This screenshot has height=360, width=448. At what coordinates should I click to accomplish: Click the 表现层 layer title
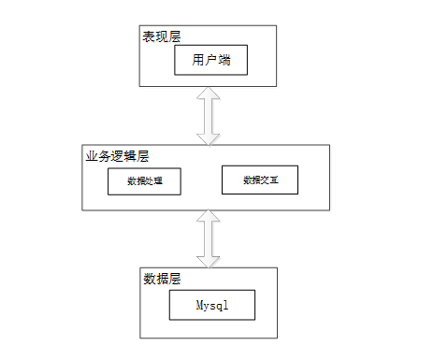point(162,36)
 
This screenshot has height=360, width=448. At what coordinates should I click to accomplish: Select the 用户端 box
point(210,60)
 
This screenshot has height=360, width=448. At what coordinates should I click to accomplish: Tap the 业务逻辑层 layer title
point(117,156)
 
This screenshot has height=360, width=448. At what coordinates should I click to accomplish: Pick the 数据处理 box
point(144,181)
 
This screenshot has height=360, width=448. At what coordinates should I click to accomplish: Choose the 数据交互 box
point(260,180)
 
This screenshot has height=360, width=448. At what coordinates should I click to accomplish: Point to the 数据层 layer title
point(162,279)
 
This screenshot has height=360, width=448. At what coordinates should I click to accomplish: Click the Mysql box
point(212,305)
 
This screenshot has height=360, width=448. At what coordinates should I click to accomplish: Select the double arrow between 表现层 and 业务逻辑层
point(209,116)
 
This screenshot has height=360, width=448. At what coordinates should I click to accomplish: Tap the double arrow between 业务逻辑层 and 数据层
point(209,238)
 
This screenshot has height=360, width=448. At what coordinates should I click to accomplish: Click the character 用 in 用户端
point(198,60)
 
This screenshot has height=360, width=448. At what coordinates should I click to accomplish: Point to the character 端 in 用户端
point(224,60)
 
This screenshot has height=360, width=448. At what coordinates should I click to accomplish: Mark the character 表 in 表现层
point(149,36)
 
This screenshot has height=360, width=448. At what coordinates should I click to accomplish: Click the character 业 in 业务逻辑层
point(92,156)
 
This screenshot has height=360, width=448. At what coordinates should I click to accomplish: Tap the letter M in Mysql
point(199,304)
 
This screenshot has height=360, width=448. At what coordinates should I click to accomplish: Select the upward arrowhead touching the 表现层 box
point(209,93)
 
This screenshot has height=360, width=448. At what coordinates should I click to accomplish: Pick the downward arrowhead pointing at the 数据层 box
point(209,262)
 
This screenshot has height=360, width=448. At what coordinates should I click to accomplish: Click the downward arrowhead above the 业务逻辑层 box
point(209,139)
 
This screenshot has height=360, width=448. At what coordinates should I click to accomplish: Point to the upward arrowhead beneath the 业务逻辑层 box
point(209,216)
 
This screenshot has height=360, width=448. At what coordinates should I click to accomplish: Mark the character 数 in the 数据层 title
point(150,279)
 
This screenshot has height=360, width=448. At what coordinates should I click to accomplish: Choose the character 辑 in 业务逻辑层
point(130,156)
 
